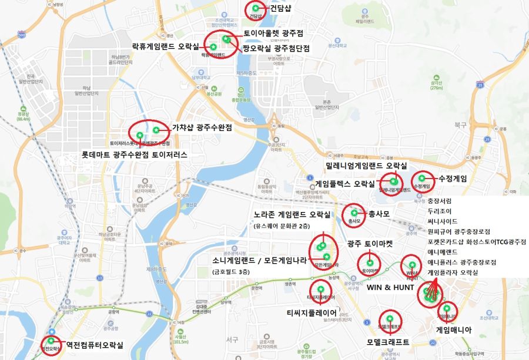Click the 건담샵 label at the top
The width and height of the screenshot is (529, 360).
282,9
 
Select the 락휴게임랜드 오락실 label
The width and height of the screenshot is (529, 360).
166,45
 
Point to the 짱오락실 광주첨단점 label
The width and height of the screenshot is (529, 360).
276,48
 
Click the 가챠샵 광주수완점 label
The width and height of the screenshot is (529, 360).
202,127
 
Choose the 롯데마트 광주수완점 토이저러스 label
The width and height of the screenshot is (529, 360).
135,156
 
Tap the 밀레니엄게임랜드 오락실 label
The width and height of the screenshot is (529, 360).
367,167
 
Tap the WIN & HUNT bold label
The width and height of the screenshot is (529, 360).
390,288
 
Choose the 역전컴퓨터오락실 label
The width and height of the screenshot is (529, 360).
95,345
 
